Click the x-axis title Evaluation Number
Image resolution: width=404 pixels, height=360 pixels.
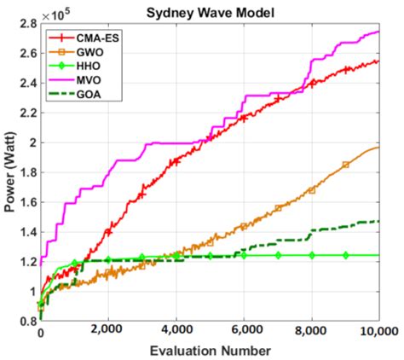click(x=211, y=350)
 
